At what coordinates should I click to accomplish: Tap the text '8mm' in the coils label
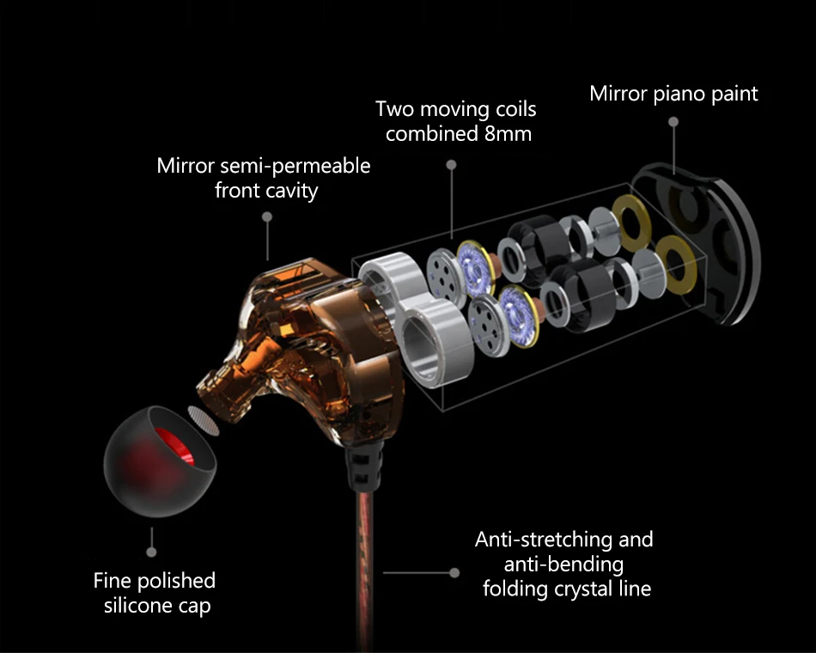[507, 134]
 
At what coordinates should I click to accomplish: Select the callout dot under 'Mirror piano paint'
[673, 123]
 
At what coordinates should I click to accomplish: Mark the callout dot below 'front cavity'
[267, 218]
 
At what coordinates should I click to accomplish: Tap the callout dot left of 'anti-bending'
[454, 571]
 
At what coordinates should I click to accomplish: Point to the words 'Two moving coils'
[456, 110]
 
